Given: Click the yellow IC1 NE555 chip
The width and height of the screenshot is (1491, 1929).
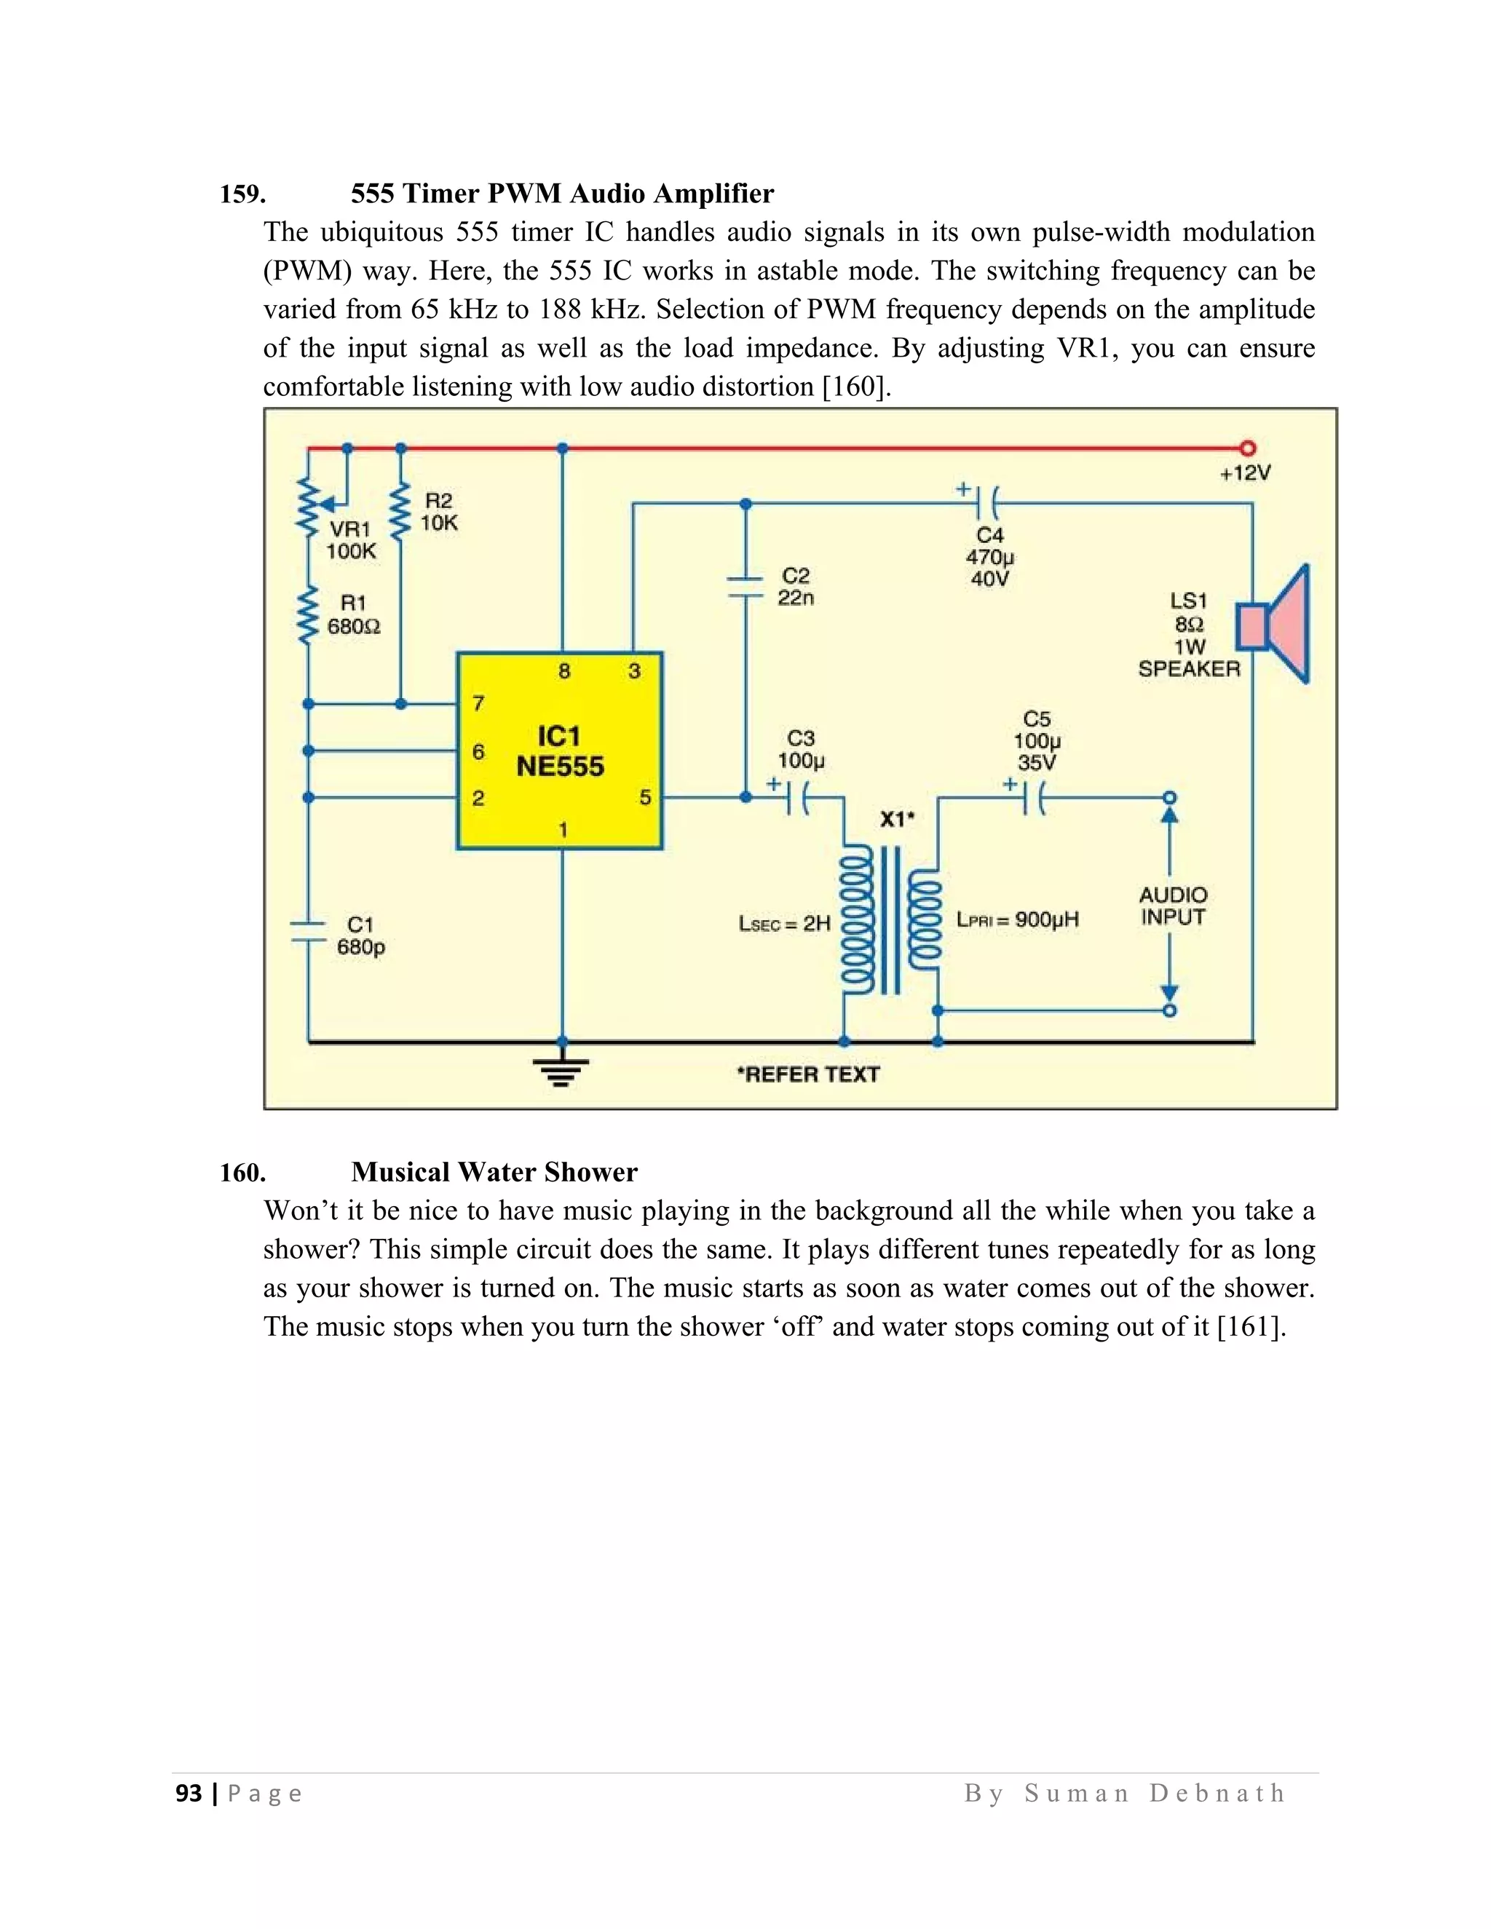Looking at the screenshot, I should click(559, 750).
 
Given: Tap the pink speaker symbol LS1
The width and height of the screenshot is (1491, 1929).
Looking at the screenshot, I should click(1276, 625).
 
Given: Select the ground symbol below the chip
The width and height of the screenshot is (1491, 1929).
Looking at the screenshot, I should click(561, 1071).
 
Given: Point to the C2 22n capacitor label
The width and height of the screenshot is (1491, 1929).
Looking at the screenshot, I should click(796, 587).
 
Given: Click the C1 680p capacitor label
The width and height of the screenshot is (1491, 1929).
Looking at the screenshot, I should click(360, 935).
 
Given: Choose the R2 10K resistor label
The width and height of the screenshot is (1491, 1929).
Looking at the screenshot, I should click(439, 512).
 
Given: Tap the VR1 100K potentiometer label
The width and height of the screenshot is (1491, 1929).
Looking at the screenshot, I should click(351, 539).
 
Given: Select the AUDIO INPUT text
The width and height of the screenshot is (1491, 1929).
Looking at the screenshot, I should click(1173, 906).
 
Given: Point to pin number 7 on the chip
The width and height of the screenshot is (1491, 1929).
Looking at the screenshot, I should click(478, 704).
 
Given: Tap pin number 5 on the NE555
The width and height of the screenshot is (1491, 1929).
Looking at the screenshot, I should click(645, 798).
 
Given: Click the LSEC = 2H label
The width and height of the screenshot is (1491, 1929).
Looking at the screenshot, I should click(784, 924).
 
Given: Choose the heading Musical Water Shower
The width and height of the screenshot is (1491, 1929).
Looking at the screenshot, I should click(494, 1172).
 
